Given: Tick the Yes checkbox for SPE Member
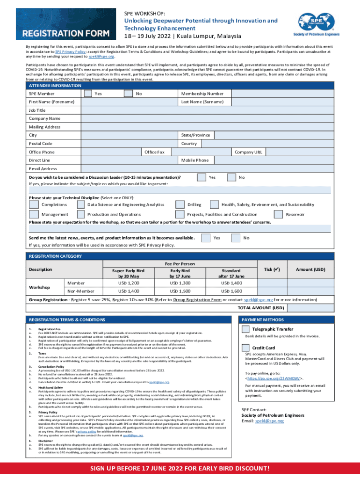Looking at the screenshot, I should tap(87, 94).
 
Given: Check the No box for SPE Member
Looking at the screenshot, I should tap(128, 94).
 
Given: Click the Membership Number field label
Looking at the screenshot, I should tap(202, 94).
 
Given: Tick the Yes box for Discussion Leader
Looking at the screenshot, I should tap(201, 177).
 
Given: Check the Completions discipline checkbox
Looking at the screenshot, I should tap(34, 204).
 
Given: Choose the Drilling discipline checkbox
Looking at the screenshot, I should tap(180, 204).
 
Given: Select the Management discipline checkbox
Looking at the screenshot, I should tap(34, 214).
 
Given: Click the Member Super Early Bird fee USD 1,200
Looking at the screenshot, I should tap(128, 283).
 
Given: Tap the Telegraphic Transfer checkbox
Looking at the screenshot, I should tap(245, 329).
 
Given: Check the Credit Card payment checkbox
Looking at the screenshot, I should tap(245, 348).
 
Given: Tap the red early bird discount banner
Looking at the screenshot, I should tap(180, 469).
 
